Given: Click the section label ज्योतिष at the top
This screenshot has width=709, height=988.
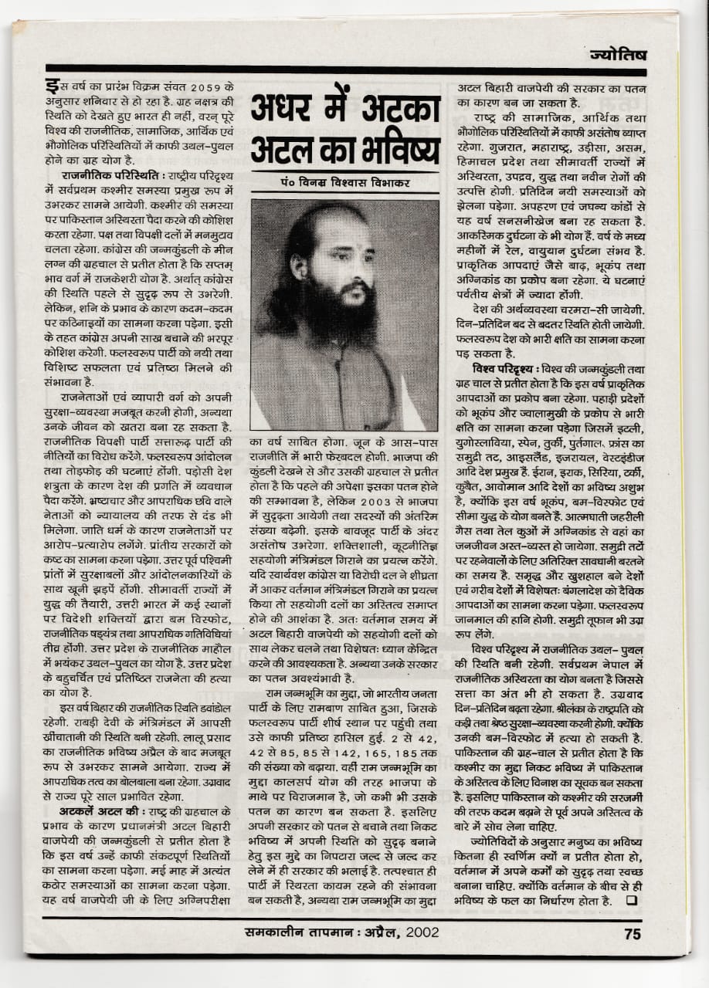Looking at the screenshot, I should coord(617,55).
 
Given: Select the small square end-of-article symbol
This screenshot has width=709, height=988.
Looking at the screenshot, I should coord(632,901).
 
